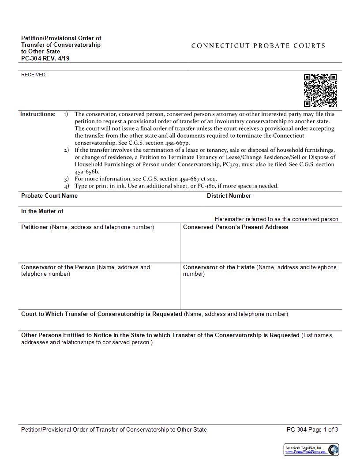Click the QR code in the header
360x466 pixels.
tap(320, 90)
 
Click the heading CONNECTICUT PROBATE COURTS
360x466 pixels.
tap(258, 46)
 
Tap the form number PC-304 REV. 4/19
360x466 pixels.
tap(45, 58)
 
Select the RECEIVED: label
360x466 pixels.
tap(34, 75)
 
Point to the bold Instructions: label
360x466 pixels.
tap(38, 114)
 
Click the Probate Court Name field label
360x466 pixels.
tap(49, 196)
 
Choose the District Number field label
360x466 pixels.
tap(229, 196)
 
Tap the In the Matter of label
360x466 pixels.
tap(42, 211)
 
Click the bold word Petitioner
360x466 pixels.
tap(34, 227)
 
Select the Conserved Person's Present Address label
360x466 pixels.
tap(235, 227)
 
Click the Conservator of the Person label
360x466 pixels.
tap(58, 267)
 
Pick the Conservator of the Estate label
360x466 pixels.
tap(219, 267)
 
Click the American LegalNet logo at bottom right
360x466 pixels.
tap(311, 450)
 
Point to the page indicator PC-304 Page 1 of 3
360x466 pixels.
tap(312, 430)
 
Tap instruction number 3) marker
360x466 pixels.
tap(66, 179)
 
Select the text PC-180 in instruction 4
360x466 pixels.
tap(202, 186)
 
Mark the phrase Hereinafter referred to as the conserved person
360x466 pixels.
tap(277, 219)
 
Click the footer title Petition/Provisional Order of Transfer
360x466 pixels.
tap(114, 430)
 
